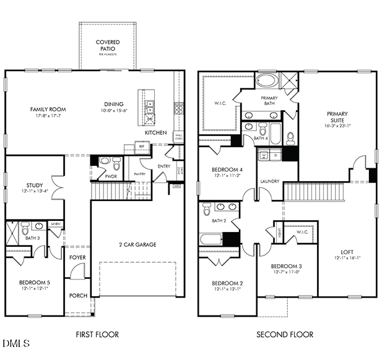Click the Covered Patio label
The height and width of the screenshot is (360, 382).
pos(108,46)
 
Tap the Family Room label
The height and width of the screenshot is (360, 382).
pos(48,109)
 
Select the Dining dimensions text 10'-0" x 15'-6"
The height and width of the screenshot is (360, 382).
pos(113,111)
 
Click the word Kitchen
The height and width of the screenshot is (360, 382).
pos(155,133)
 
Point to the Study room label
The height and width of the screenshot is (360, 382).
pos(34,185)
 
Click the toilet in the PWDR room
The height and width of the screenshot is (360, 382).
pos(105,163)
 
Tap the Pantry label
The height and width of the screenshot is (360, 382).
pos(139,174)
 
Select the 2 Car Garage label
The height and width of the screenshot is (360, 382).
pos(137,244)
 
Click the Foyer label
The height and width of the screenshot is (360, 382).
pos(77,257)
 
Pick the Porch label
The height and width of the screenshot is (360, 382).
pos(77,296)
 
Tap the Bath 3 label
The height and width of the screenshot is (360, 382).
pos(32,238)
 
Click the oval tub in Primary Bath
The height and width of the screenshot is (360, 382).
pos(267,81)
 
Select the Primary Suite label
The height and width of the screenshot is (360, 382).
pos(337,117)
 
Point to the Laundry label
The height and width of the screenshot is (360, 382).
pos(269,181)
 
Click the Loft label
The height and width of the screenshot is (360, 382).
pos(347,252)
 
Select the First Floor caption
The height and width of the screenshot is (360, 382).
pos(97,335)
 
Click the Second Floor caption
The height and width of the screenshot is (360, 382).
pos(285,335)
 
